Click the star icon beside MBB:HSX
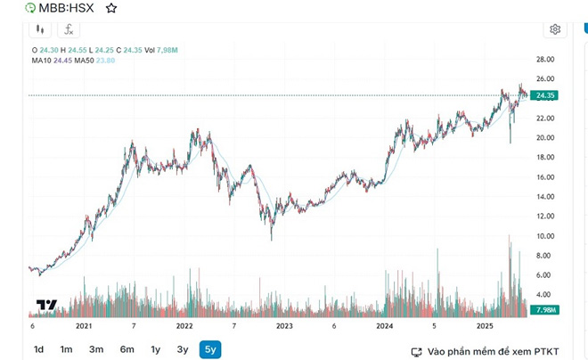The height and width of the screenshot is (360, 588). pos(110,8)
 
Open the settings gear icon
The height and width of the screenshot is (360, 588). pos(555,29)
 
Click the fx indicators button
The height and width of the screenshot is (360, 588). pos(67,29)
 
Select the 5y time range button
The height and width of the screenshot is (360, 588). pos(210,349)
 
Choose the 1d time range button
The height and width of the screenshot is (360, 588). pos(38,349)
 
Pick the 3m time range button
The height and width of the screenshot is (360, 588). pos(96,349)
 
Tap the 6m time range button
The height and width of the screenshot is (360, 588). pos(127,349)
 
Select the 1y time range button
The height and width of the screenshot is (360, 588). pos(156,349)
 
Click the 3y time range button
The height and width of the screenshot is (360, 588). pos(183,349)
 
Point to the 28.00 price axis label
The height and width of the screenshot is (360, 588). pos(544,60)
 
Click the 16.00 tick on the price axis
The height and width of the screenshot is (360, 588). pos(544,177)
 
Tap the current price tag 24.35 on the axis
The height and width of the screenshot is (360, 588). pos(543,95)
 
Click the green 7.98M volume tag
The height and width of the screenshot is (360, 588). pos(543,309)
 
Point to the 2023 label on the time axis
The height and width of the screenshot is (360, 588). pos(284,326)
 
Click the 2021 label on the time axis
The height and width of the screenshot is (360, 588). pos(84,326)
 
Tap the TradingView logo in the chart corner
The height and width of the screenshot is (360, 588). pos(46,305)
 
